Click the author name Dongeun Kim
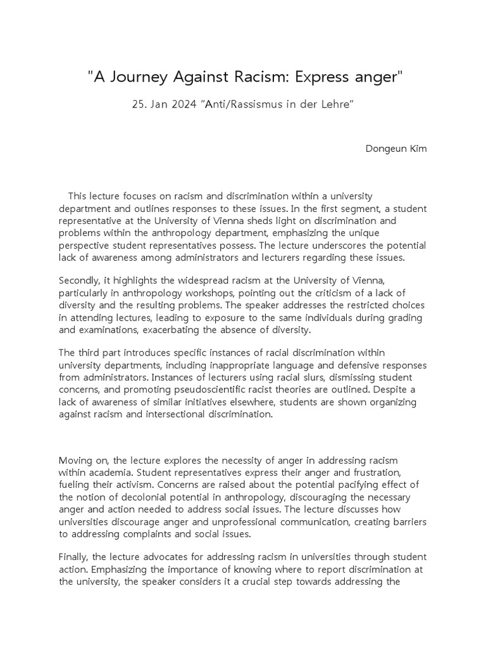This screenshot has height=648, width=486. pyautogui.click(x=396, y=149)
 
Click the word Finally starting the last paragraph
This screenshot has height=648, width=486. pyautogui.click(x=74, y=557)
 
